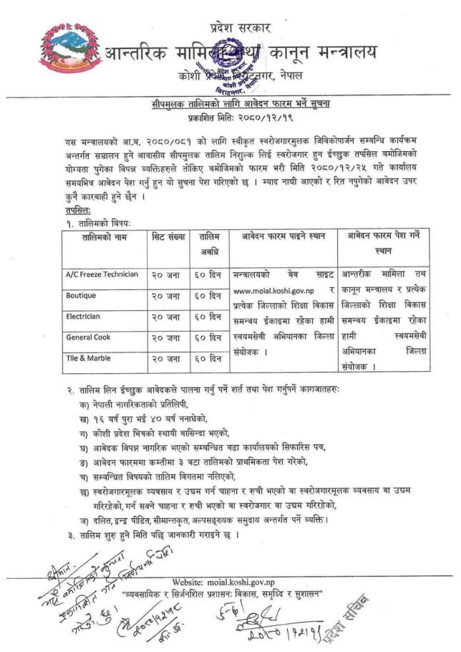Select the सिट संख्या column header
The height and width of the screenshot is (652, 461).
169,236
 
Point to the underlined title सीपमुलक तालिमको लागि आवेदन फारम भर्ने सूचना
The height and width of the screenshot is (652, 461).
230,105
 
